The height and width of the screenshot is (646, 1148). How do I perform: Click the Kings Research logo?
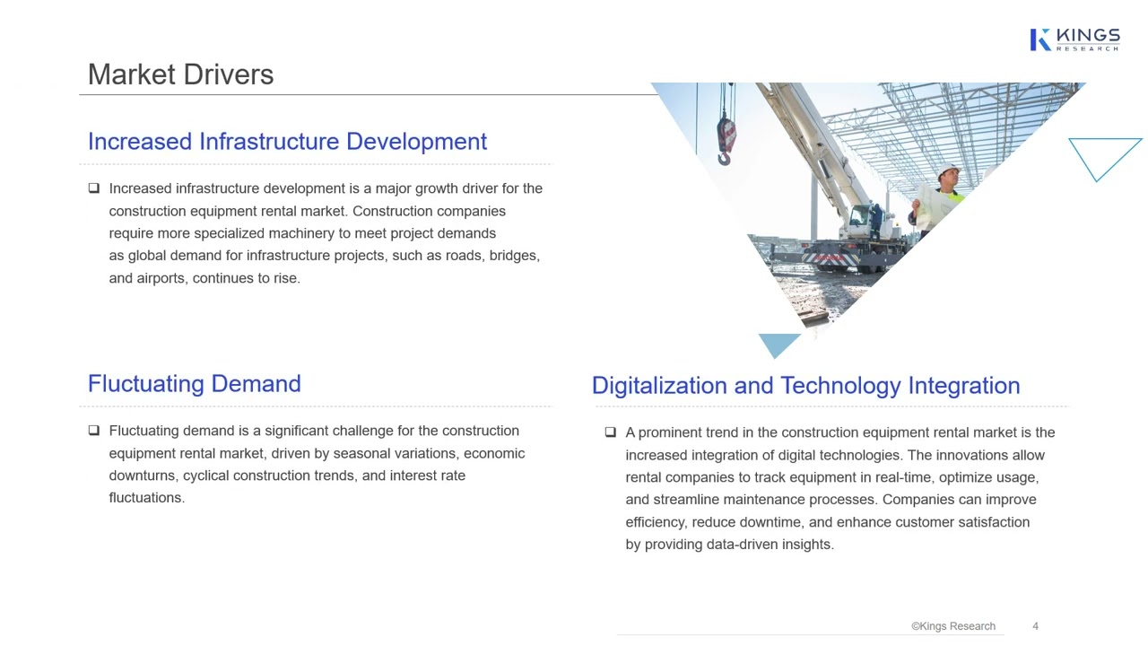pos(1074,39)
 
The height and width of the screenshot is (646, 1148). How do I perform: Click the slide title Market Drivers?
pos(180,74)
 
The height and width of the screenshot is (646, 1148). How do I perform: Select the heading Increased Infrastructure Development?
pos(287,142)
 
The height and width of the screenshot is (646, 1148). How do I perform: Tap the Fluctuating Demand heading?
pos(194,384)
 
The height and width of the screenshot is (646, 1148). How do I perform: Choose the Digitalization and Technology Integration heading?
pos(805,386)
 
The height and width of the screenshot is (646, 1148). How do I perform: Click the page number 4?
pos(1035,626)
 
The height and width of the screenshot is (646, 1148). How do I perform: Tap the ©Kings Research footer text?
pos(952,626)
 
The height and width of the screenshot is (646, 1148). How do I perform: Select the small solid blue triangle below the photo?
pos(778,344)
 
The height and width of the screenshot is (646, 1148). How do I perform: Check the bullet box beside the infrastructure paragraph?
pos(94,188)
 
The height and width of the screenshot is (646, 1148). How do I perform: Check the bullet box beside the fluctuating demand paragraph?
pos(94,431)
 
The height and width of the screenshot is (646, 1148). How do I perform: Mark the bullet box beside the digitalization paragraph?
pos(611,432)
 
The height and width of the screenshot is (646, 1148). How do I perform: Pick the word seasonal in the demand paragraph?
pos(362,453)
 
